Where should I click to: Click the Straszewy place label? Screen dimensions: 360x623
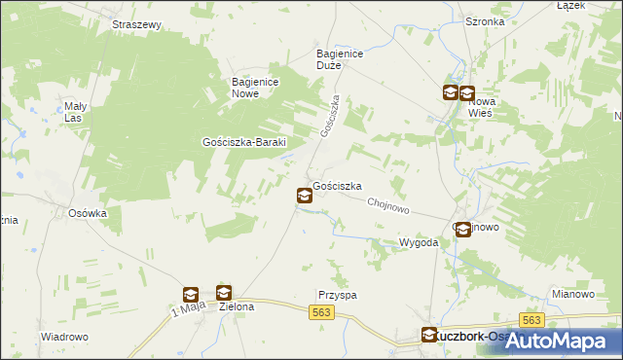[x=136, y=24]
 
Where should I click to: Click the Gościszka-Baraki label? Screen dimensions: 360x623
[x=242, y=141]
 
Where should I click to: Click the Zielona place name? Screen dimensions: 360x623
[x=237, y=306]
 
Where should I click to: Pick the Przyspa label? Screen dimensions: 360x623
[x=337, y=295]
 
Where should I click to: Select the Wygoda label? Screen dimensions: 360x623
[x=420, y=242]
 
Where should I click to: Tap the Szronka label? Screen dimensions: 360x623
[x=485, y=20]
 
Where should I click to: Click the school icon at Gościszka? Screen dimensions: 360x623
[x=304, y=197]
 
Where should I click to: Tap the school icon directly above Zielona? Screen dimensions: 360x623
[x=224, y=292]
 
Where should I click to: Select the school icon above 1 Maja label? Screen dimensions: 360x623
[x=191, y=295]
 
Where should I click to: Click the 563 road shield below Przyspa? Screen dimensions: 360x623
[x=323, y=312]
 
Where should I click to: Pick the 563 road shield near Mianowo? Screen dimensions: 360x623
[x=531, y=320]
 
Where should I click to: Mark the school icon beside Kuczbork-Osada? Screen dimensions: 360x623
[x=429, y=336]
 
